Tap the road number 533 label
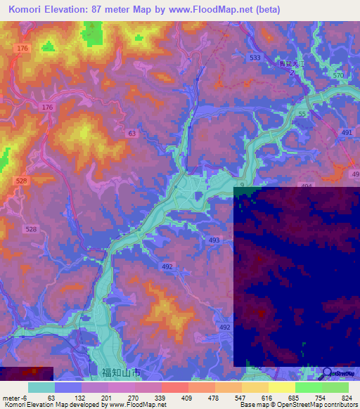(x=255, y=57)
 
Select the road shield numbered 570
(x=338, y=75)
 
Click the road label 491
(x=347, y=131)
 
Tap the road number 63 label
(x=132, y=133)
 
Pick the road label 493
(x=214, y=240)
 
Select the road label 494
(x=306, y=186)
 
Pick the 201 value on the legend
(x=107, y=397)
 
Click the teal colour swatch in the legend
(x=41, y=387)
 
